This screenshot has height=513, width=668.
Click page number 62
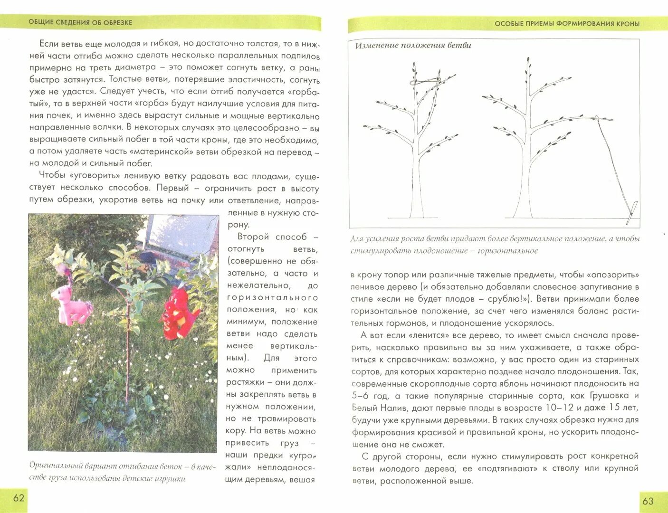19,498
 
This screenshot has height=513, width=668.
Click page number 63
648,501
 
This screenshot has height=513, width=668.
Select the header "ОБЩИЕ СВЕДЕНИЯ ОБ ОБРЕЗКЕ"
80,22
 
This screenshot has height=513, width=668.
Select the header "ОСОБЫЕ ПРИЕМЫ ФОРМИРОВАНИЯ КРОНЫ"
567,24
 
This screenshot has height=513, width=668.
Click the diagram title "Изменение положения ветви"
413,46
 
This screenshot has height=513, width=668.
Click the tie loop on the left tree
425,82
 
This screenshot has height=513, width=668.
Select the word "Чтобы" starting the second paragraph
52,176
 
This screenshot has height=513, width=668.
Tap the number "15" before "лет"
615,408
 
